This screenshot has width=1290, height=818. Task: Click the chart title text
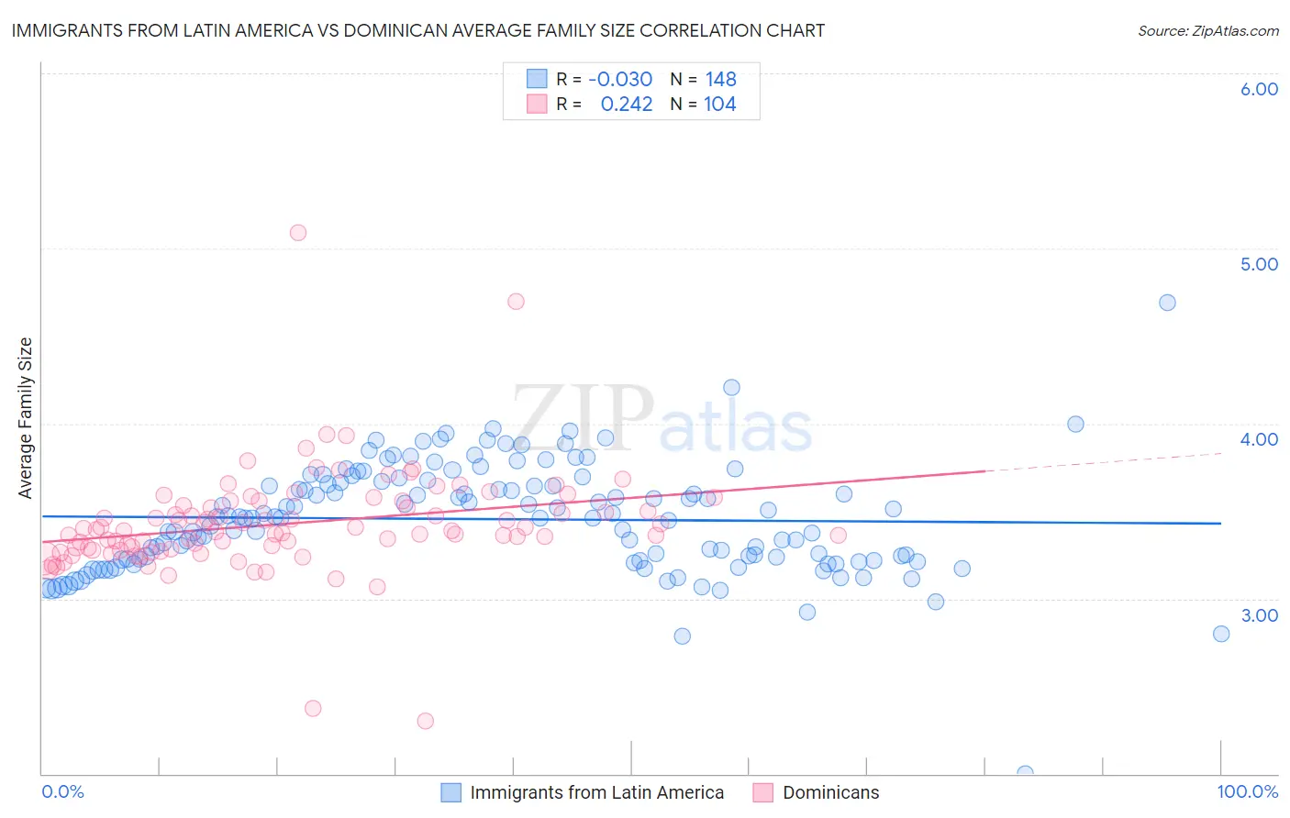point(417,30)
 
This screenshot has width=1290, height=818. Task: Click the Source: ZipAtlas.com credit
point(1207,30)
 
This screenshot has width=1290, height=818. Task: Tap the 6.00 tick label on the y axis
point(1259,89)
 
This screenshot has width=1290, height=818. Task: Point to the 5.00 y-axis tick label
point(1259,264)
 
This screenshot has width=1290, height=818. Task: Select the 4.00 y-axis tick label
point(1259,439)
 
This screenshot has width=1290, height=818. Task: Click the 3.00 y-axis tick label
point(1259,615)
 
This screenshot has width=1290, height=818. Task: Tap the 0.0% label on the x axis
point(62,791)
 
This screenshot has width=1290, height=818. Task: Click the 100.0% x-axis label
point(1247,791)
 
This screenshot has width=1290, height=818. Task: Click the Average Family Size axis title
point(26,418)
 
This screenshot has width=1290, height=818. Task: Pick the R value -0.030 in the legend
point(620,79)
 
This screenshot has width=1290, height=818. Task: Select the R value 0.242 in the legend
point(627,104)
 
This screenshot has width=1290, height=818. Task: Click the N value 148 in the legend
point(721,79)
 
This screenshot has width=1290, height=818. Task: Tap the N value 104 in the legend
point(720,104)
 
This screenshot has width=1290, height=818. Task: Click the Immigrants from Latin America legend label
point(596,792)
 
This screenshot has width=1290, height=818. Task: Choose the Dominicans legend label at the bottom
point(830,792)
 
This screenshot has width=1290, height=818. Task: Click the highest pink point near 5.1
point(297,233)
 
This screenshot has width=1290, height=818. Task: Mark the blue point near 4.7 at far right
point(1167,303)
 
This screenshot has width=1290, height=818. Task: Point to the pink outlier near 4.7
point(516,302)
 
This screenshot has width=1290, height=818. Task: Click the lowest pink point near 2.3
point(425,721)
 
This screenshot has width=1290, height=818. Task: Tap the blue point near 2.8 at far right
point(1220,634)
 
